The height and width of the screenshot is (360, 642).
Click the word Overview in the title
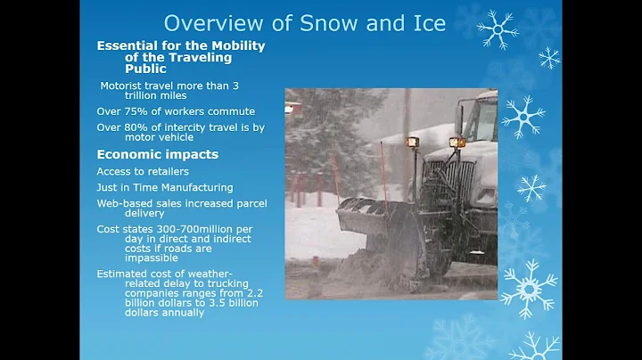pos(204,23)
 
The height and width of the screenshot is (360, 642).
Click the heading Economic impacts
pos(157,154)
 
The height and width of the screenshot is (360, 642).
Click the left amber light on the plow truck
pos(412,142)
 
